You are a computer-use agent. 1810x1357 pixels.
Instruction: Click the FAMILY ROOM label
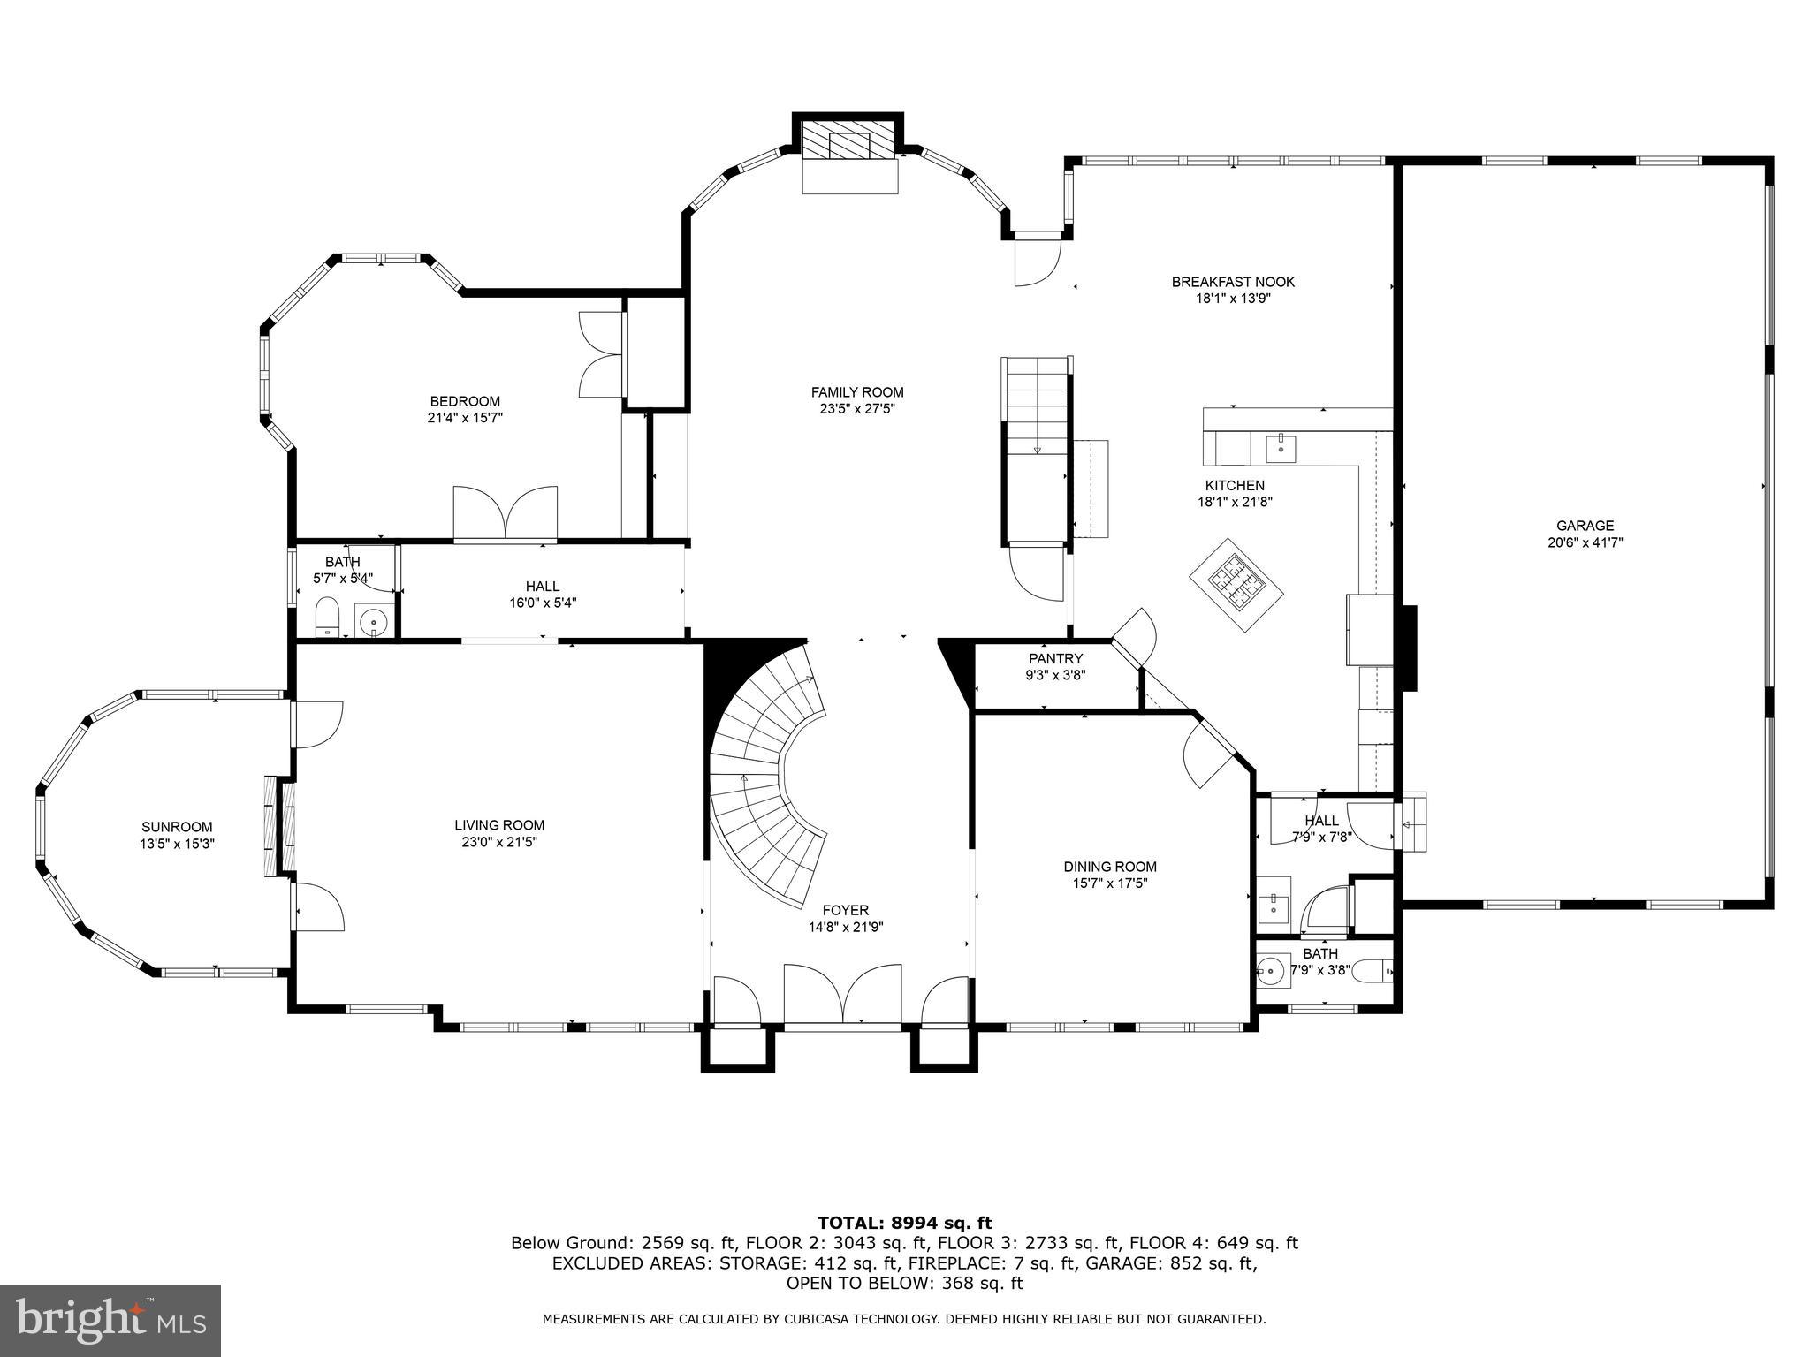tap(857, 392)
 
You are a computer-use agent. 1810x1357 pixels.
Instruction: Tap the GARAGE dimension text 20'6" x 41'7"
tap(1585, 542)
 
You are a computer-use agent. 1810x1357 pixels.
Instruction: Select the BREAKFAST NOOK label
tap(1233, 282)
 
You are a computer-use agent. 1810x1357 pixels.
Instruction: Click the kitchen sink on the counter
tap(1280, 448)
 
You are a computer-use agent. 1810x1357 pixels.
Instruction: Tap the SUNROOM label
tap(177, 827)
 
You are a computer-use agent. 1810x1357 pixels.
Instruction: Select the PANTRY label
tap(1055, 658)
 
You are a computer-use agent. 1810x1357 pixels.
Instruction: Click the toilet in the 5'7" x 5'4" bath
tap(328, 616)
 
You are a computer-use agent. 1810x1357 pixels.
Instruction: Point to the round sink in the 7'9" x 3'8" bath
tap(1271, 970)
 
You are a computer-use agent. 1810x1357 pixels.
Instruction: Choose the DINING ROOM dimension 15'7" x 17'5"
tap(1110, 883)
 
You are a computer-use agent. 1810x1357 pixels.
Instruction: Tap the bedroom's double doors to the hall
tap(505, 513)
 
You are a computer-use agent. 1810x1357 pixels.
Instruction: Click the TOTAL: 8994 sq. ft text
tap(904, 1223)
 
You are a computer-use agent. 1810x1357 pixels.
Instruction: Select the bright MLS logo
tap(110, 1321)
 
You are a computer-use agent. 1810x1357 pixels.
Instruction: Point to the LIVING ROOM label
tap(499, 825)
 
